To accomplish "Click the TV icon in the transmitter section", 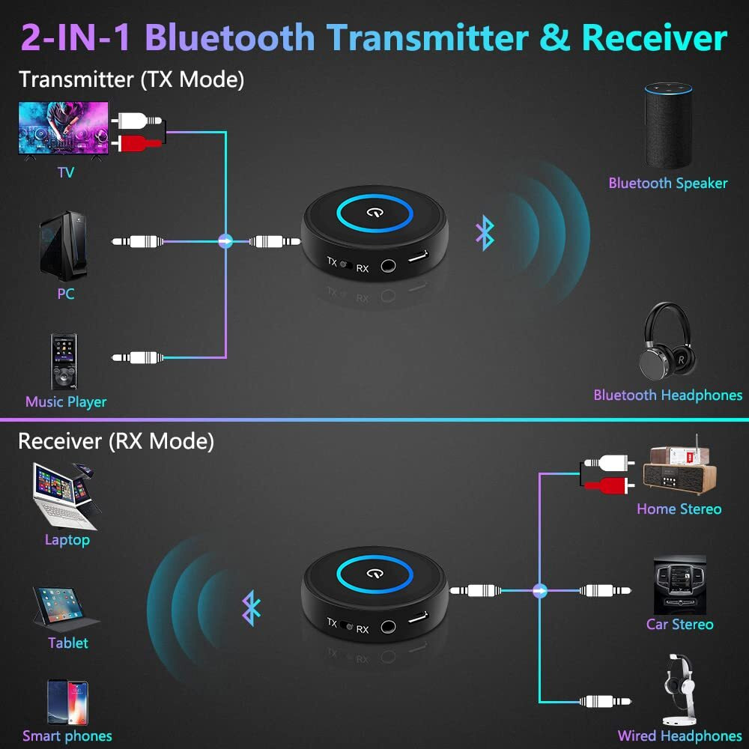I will pyautogui.click(x=63, y=128).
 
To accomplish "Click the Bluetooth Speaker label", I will pyautogui.click(x=667, y=183).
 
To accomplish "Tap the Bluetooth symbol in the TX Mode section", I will pyautogui.click(x=485, y=234).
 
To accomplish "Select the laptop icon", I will pyautogui.click(x=65, y=496).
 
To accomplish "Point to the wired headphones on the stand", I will pyautogui.click(x=679, y=689).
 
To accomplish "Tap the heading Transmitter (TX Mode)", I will pyautogui.click(x=131, y=79).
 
